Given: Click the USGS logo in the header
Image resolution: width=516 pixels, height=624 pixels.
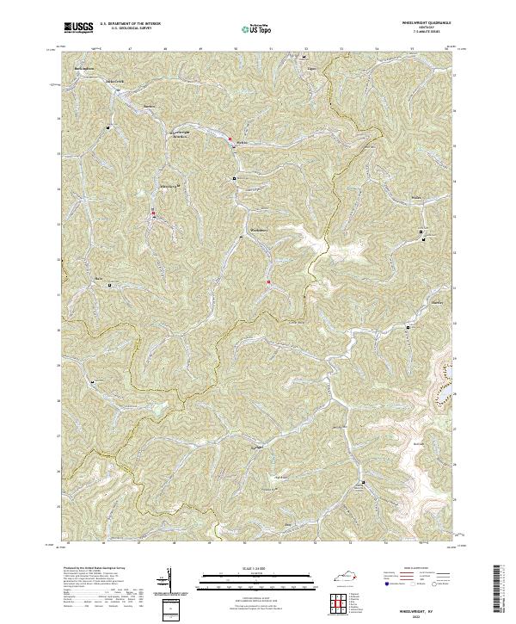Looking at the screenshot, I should [78, 27].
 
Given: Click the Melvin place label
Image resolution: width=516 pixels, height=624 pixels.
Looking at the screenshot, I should [242, 142].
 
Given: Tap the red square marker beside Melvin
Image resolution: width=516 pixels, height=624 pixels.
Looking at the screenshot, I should [230, 138].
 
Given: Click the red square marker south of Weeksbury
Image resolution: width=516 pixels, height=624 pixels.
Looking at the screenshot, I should [268, 281].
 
